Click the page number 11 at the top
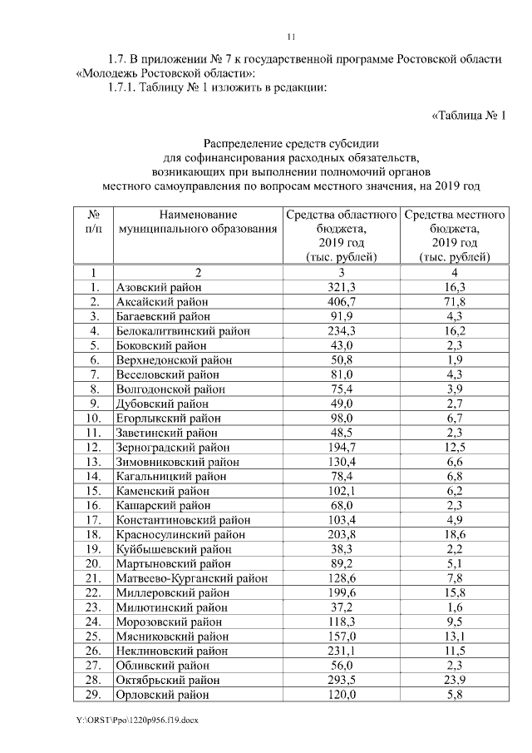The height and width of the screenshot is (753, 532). tap(291, 37)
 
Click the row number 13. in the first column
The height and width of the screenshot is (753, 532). tap(94, 462)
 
